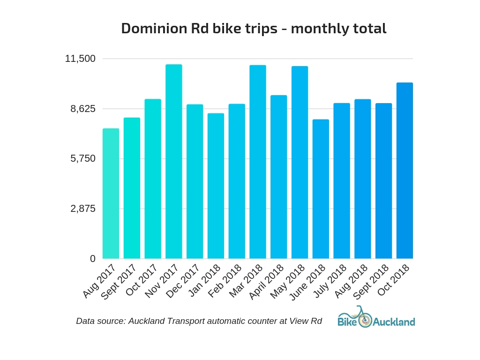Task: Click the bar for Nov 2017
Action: point(173,161)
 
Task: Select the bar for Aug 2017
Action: point(111,193)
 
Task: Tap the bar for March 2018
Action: point(257,162)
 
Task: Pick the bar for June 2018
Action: point(321,189)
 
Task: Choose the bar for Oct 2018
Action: point(405,171)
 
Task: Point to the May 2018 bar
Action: point(300,162)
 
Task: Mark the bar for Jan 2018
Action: point(216,186)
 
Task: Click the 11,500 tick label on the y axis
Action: point(80,59)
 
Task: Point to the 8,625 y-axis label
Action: point(83,109)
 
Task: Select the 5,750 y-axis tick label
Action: point(83,158)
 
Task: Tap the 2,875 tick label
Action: point(83,209)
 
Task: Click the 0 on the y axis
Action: point(92,259)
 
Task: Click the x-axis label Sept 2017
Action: point(119,282)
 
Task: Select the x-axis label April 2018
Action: point(266,282)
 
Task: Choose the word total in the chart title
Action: point(371,28)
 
